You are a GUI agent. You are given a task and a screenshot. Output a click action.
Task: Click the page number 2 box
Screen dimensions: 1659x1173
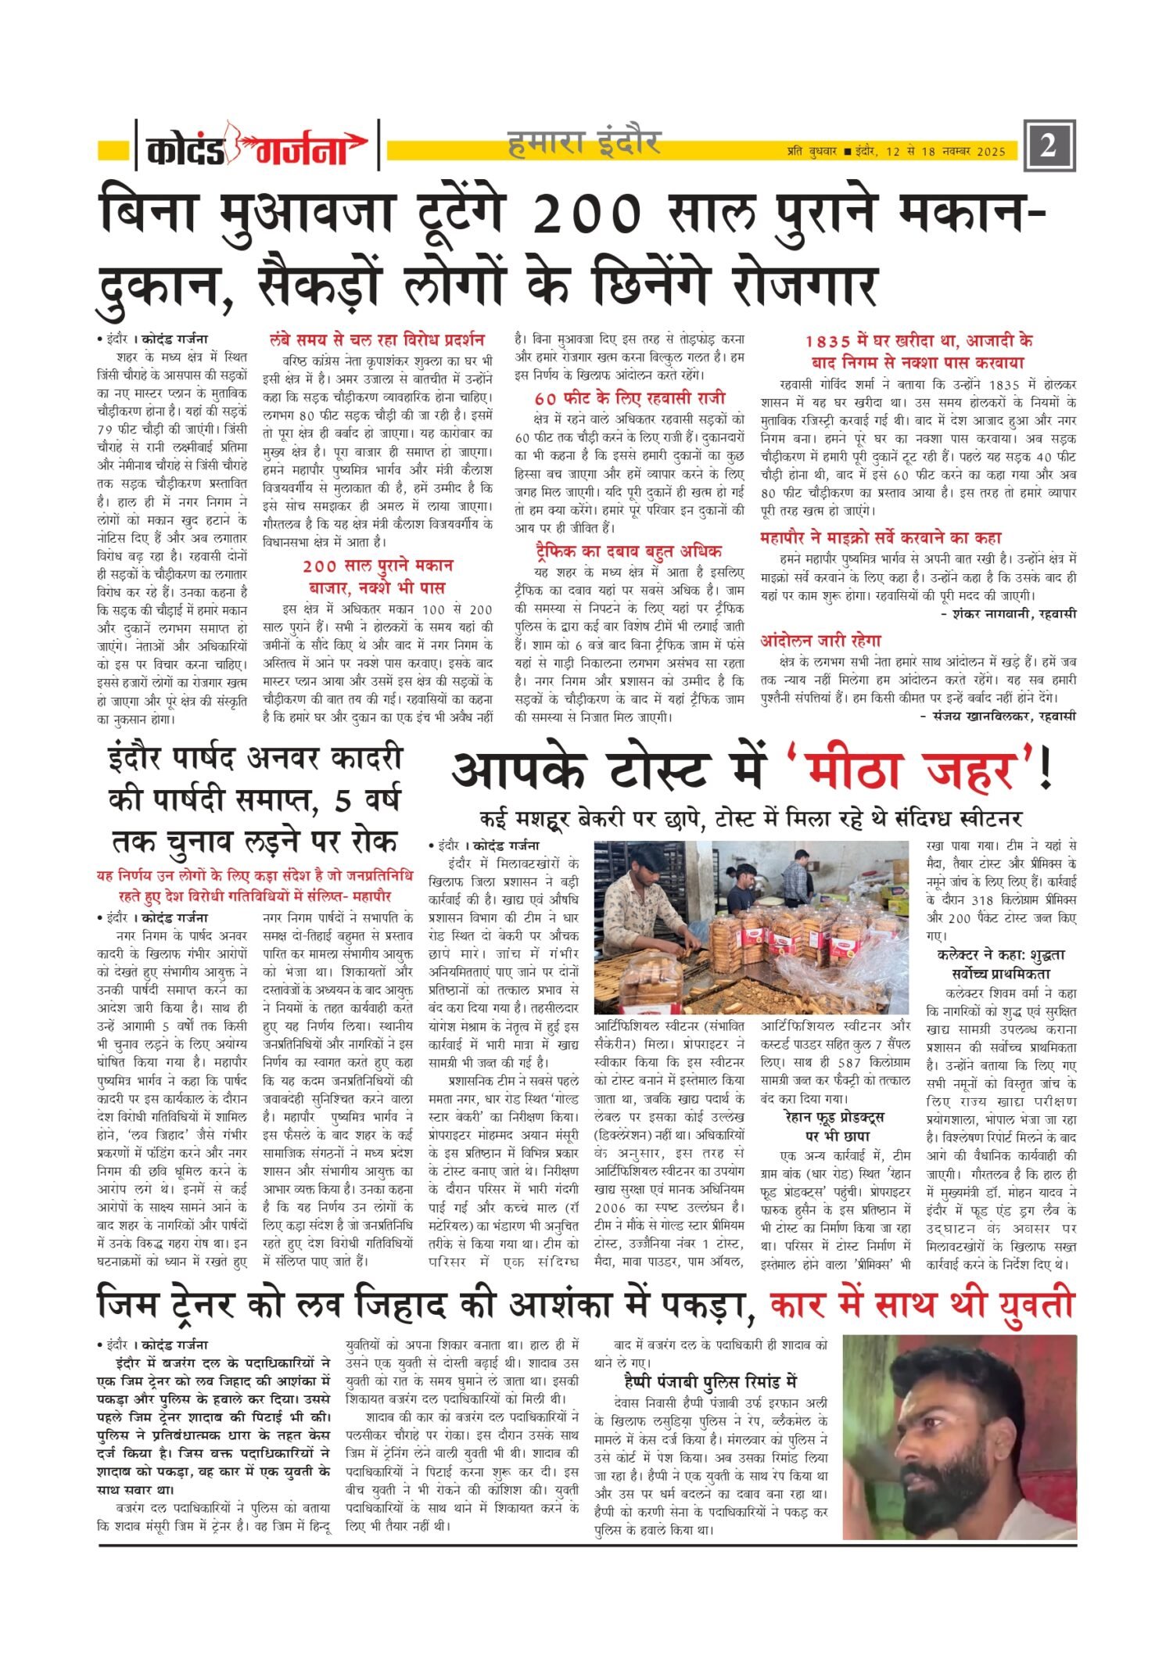1048,145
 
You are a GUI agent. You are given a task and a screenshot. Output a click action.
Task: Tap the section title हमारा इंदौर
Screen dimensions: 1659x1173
584,143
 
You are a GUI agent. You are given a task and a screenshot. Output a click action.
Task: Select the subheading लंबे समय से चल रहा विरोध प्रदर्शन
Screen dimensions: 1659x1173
377,340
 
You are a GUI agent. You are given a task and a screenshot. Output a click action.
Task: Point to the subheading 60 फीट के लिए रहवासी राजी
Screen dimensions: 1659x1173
630,397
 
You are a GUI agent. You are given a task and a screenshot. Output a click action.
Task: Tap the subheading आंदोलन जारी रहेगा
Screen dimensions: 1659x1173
820,641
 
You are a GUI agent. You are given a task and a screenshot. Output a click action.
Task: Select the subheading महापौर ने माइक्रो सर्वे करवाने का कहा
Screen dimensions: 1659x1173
881,537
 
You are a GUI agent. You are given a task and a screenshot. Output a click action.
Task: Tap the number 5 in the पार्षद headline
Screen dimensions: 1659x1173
343,800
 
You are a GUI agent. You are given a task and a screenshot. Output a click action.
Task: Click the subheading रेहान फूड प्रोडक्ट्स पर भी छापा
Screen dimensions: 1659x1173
834,1126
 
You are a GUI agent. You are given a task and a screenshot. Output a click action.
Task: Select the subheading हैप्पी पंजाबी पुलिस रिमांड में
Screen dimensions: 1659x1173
710,1382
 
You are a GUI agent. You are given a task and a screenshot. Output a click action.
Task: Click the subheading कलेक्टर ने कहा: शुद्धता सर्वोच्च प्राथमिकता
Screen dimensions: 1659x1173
1001,964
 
